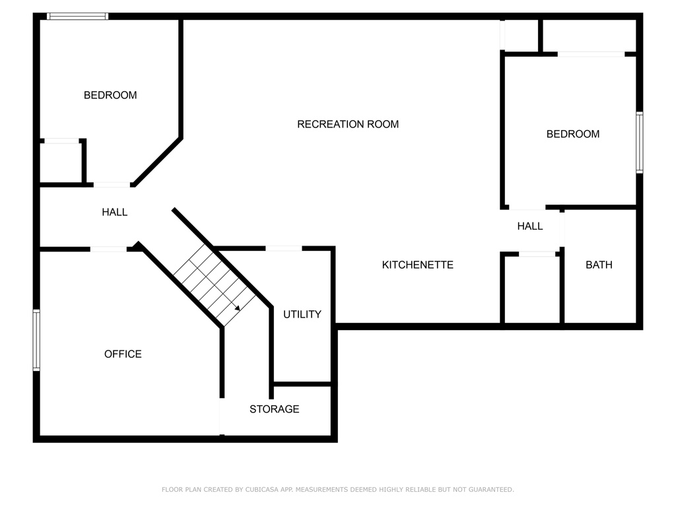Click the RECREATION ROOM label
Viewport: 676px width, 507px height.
point(348,124)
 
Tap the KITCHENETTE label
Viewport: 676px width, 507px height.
point(418,265)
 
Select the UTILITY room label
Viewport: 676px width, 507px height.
point(302,314)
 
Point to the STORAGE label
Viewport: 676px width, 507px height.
point(274,409)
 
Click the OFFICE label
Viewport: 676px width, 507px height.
point(123,354)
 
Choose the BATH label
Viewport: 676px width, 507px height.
point(599,265)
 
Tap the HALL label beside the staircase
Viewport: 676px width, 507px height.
point(115,212)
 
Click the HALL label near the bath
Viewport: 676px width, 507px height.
point(530,226)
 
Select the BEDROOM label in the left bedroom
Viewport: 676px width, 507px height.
point(110,95)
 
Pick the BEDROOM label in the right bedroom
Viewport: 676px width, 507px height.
point(573,134)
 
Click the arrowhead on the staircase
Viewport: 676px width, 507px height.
point(238,308)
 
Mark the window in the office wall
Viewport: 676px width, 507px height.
point(37,340)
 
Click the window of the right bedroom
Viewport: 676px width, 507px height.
point(640,143)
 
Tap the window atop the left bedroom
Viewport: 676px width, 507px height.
point(78,17)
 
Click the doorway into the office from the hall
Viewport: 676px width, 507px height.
point(109,249)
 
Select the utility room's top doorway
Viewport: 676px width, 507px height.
point(284,248)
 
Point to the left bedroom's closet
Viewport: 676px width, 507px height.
point(61,163)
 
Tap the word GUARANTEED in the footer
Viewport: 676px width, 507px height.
point(491,489)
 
